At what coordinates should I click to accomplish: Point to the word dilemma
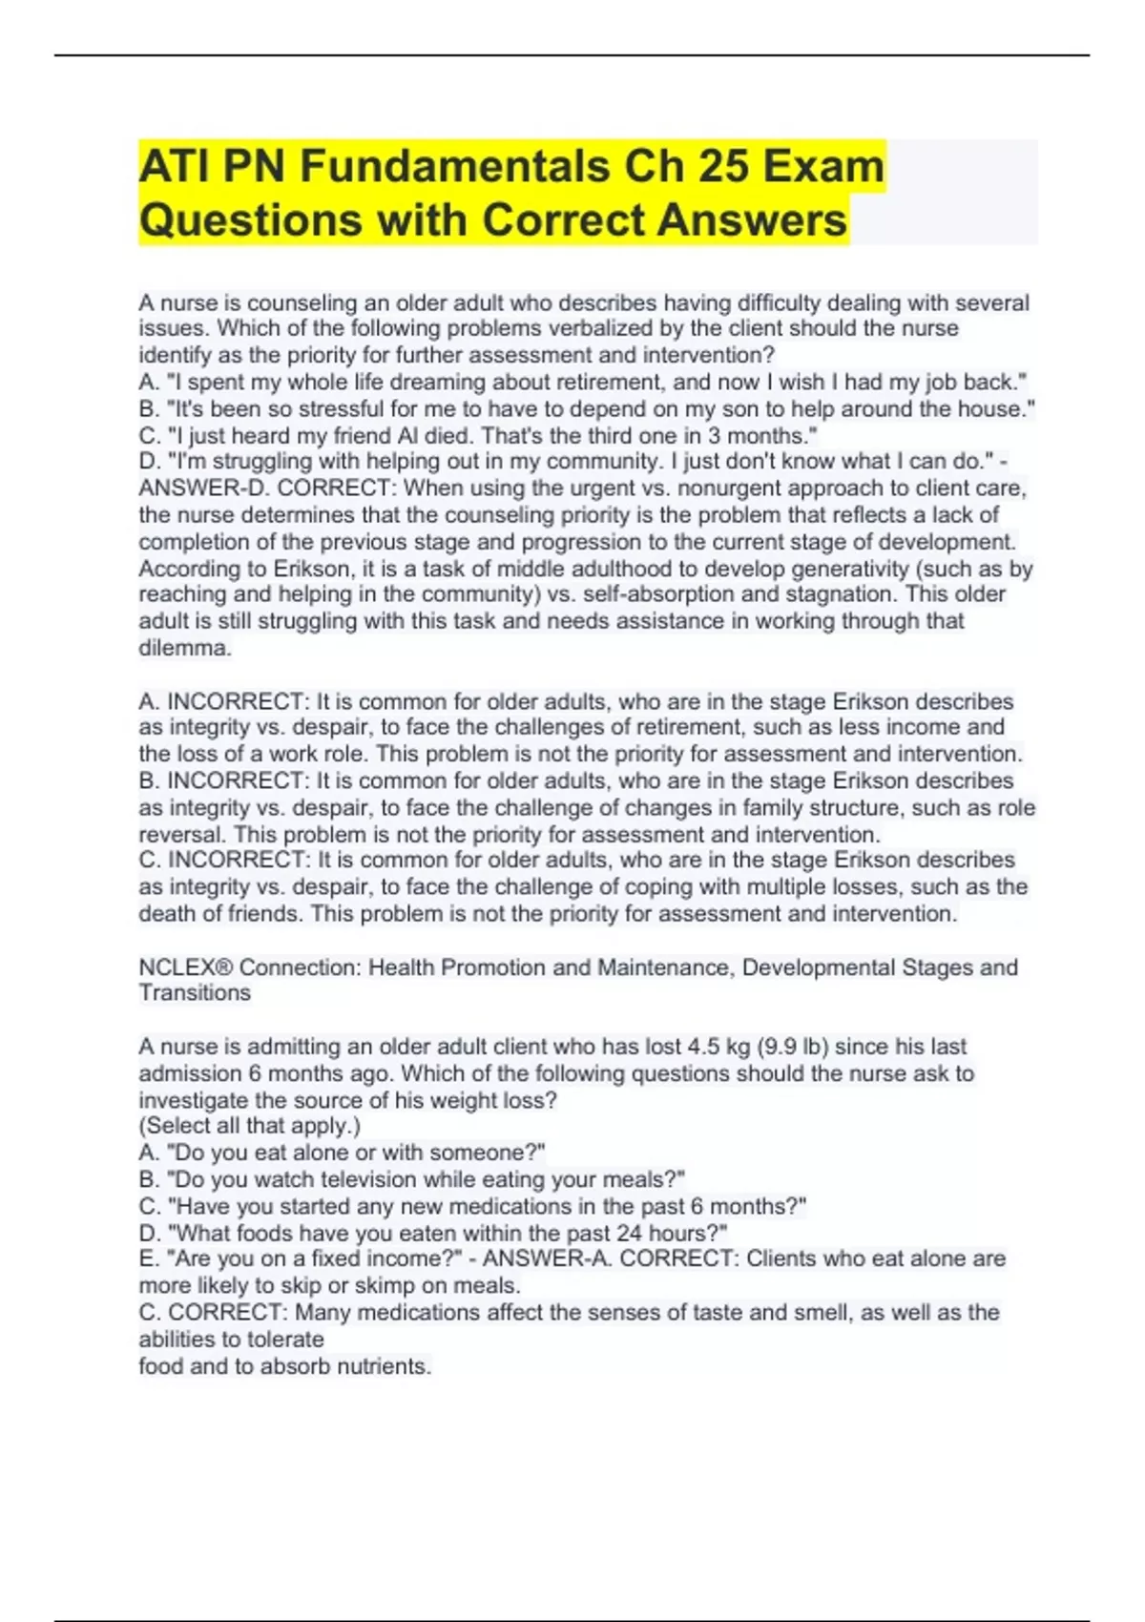[x=184, y=649]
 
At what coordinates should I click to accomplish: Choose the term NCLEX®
[x=185, y=967]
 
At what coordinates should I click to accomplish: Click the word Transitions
[x=195, y=993]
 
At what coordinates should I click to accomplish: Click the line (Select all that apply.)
[x=250, y=1126]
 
